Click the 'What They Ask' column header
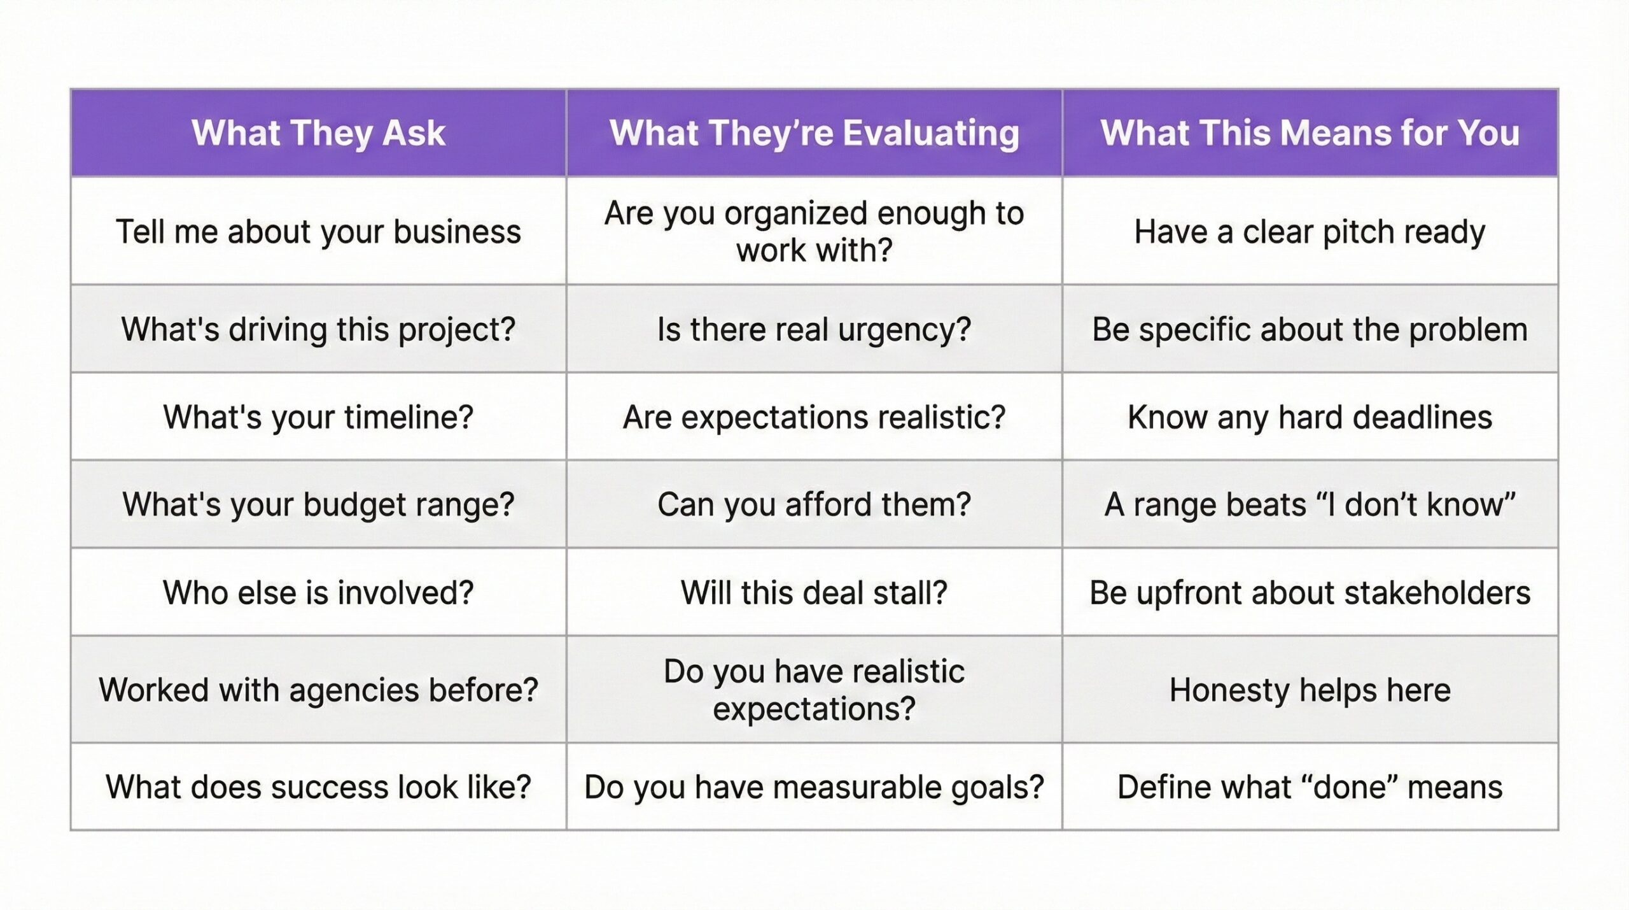318,133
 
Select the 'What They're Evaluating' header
814,133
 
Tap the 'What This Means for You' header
1310,133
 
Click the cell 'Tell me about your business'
318,231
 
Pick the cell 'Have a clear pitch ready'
1310,231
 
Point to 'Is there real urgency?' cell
814,329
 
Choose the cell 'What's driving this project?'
318,329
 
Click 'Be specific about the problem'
1310,329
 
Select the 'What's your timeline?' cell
318,417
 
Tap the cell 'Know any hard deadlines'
1310,417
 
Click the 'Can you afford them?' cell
814,504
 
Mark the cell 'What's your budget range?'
318,504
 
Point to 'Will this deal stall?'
814,592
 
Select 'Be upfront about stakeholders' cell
1310,592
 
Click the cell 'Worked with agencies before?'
318,690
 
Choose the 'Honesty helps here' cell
1310,690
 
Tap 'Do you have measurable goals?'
814,787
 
